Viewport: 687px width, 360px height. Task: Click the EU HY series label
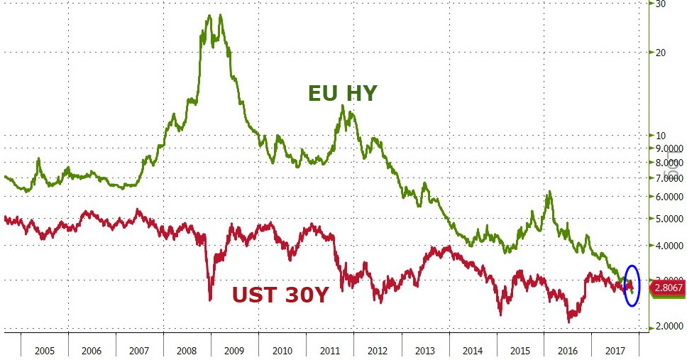click(342, 93)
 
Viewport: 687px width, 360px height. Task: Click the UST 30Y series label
click(281, 294)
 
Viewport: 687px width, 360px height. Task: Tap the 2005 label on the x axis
click(45, 350)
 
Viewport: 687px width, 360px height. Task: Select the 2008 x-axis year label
click(187, 350)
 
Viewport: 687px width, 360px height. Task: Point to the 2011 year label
click(330, 350)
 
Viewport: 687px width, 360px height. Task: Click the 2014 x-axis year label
click(473, 350)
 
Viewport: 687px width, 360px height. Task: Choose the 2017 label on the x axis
click(615, 350)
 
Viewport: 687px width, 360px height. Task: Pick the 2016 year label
click(567, 350)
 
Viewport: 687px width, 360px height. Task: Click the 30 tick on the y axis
click(659, 4)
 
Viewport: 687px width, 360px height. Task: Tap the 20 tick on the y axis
click(659, 52)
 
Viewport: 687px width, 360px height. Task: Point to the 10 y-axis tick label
click(659, 135)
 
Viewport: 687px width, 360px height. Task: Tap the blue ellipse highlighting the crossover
click(632, 285)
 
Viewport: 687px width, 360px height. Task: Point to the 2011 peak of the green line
click(343, 106)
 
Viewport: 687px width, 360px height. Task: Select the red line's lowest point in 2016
click(569, 322)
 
